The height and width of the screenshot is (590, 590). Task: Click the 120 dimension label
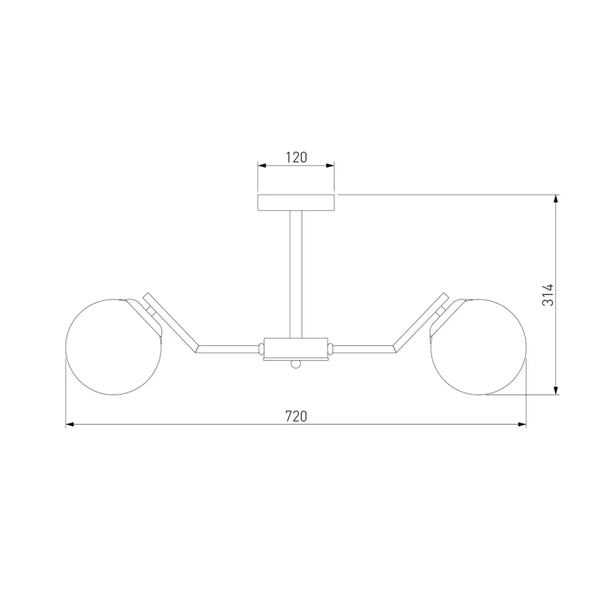[296, 157]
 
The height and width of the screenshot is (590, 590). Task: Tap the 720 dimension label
[296, 417]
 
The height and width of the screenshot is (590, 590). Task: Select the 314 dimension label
[548, 295]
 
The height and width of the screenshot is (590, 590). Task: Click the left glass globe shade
[114, 347]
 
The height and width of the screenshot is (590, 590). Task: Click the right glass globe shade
[478, 347]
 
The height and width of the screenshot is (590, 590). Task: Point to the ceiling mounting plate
[296, 202]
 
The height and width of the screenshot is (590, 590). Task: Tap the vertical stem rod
[296, 274]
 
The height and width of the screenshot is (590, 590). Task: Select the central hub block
[296, 349]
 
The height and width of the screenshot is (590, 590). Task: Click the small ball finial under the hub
[296, 364]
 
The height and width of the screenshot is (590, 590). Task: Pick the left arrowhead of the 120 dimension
[262, 165]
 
